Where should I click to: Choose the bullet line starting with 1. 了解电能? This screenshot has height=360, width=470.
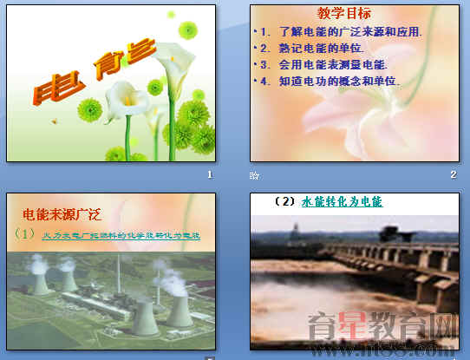(339, 32)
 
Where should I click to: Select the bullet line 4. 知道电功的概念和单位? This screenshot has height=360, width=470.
(330, 81)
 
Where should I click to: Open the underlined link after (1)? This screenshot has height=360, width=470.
(121, 235)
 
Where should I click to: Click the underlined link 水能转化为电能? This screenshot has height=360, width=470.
(342, 202)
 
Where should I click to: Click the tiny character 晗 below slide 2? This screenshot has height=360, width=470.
(254, 175)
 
